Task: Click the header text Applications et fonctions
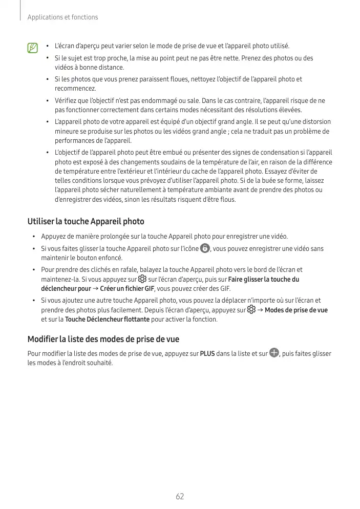click(x=63, y=17)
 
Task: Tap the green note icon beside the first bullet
click(x=33, y=48)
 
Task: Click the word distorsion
click(x=313, y=122)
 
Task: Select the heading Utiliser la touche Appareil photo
click(x=86, y=222)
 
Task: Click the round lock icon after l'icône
click(x=205, y=248)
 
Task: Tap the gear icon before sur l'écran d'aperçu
click(x=142, y=279)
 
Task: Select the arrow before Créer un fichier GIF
click(x=96, y=289)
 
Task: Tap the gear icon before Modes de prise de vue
click(x=251, y=310)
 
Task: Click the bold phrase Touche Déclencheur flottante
click(x=108, y=320)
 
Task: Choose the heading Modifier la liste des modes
click(x=103, y=339)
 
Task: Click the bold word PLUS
click(x=207, y=354)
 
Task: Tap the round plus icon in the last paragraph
click(x=274, y=353)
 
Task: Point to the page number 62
click(x=180, y=496)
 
